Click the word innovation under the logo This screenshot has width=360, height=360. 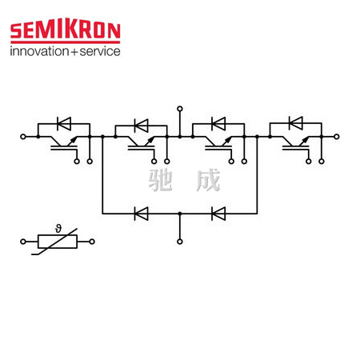(39, 51)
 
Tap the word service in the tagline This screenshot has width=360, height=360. (100, 51)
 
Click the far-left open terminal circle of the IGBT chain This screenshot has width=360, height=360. (23, 137)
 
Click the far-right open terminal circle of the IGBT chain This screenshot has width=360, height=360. (337, 137)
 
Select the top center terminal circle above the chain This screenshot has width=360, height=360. (180, 109)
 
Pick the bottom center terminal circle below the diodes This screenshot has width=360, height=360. (180, 242)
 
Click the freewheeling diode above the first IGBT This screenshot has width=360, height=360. (64, 124)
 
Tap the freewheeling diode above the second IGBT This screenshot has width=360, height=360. (142, 126)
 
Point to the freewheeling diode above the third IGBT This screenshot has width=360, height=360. (218, 124)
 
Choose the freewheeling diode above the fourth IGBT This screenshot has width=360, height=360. (296, 123)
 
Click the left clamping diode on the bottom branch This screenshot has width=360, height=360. (142, 214)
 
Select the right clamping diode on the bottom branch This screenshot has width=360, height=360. (218, 214)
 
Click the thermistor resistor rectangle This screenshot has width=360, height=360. (58, 242)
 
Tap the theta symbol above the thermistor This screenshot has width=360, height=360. (58, 229)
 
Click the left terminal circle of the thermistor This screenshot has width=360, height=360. (23, 242)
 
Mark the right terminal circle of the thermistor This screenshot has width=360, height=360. (92, 242)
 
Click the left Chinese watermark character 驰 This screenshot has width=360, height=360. (160, 180)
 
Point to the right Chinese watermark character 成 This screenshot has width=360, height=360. (208, 180)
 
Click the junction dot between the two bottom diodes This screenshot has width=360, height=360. (180, 214)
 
